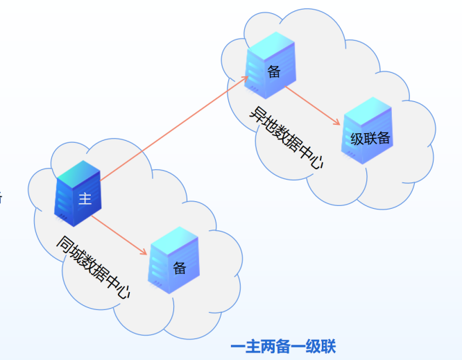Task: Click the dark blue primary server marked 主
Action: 78,194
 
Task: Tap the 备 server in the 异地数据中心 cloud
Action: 271,68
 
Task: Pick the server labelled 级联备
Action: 368,132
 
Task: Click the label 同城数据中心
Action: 93,268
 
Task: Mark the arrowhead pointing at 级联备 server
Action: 338,123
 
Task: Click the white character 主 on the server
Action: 85,200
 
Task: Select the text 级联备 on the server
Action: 370,139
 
